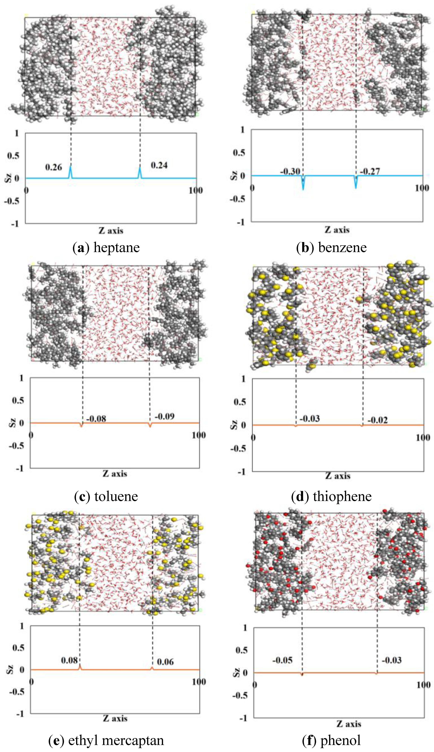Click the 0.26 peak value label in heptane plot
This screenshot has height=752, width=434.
coord(53,167)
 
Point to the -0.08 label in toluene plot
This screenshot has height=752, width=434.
coord(96,419)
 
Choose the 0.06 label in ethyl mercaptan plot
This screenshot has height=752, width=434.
coord(165,662)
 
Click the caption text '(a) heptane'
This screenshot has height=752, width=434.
coord(106,248)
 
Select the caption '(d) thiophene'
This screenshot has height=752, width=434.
coord(331,496)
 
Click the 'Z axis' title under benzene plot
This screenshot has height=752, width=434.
coord(337,230)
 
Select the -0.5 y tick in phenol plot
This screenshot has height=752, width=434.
coord(239,695)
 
